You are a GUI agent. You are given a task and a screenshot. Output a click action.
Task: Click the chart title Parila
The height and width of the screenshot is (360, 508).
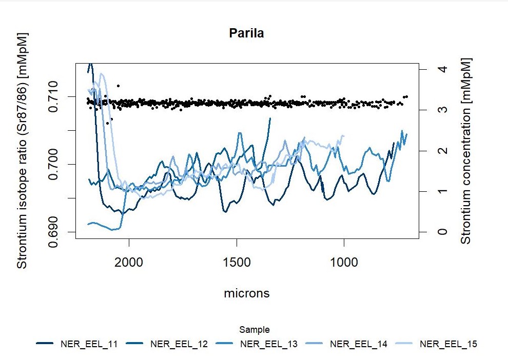tap(246, 34)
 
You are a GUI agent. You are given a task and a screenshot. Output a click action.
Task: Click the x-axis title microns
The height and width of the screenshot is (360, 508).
tap(247, 293)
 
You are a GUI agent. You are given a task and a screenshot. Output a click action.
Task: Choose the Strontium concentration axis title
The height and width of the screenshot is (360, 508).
tap(465, 150)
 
